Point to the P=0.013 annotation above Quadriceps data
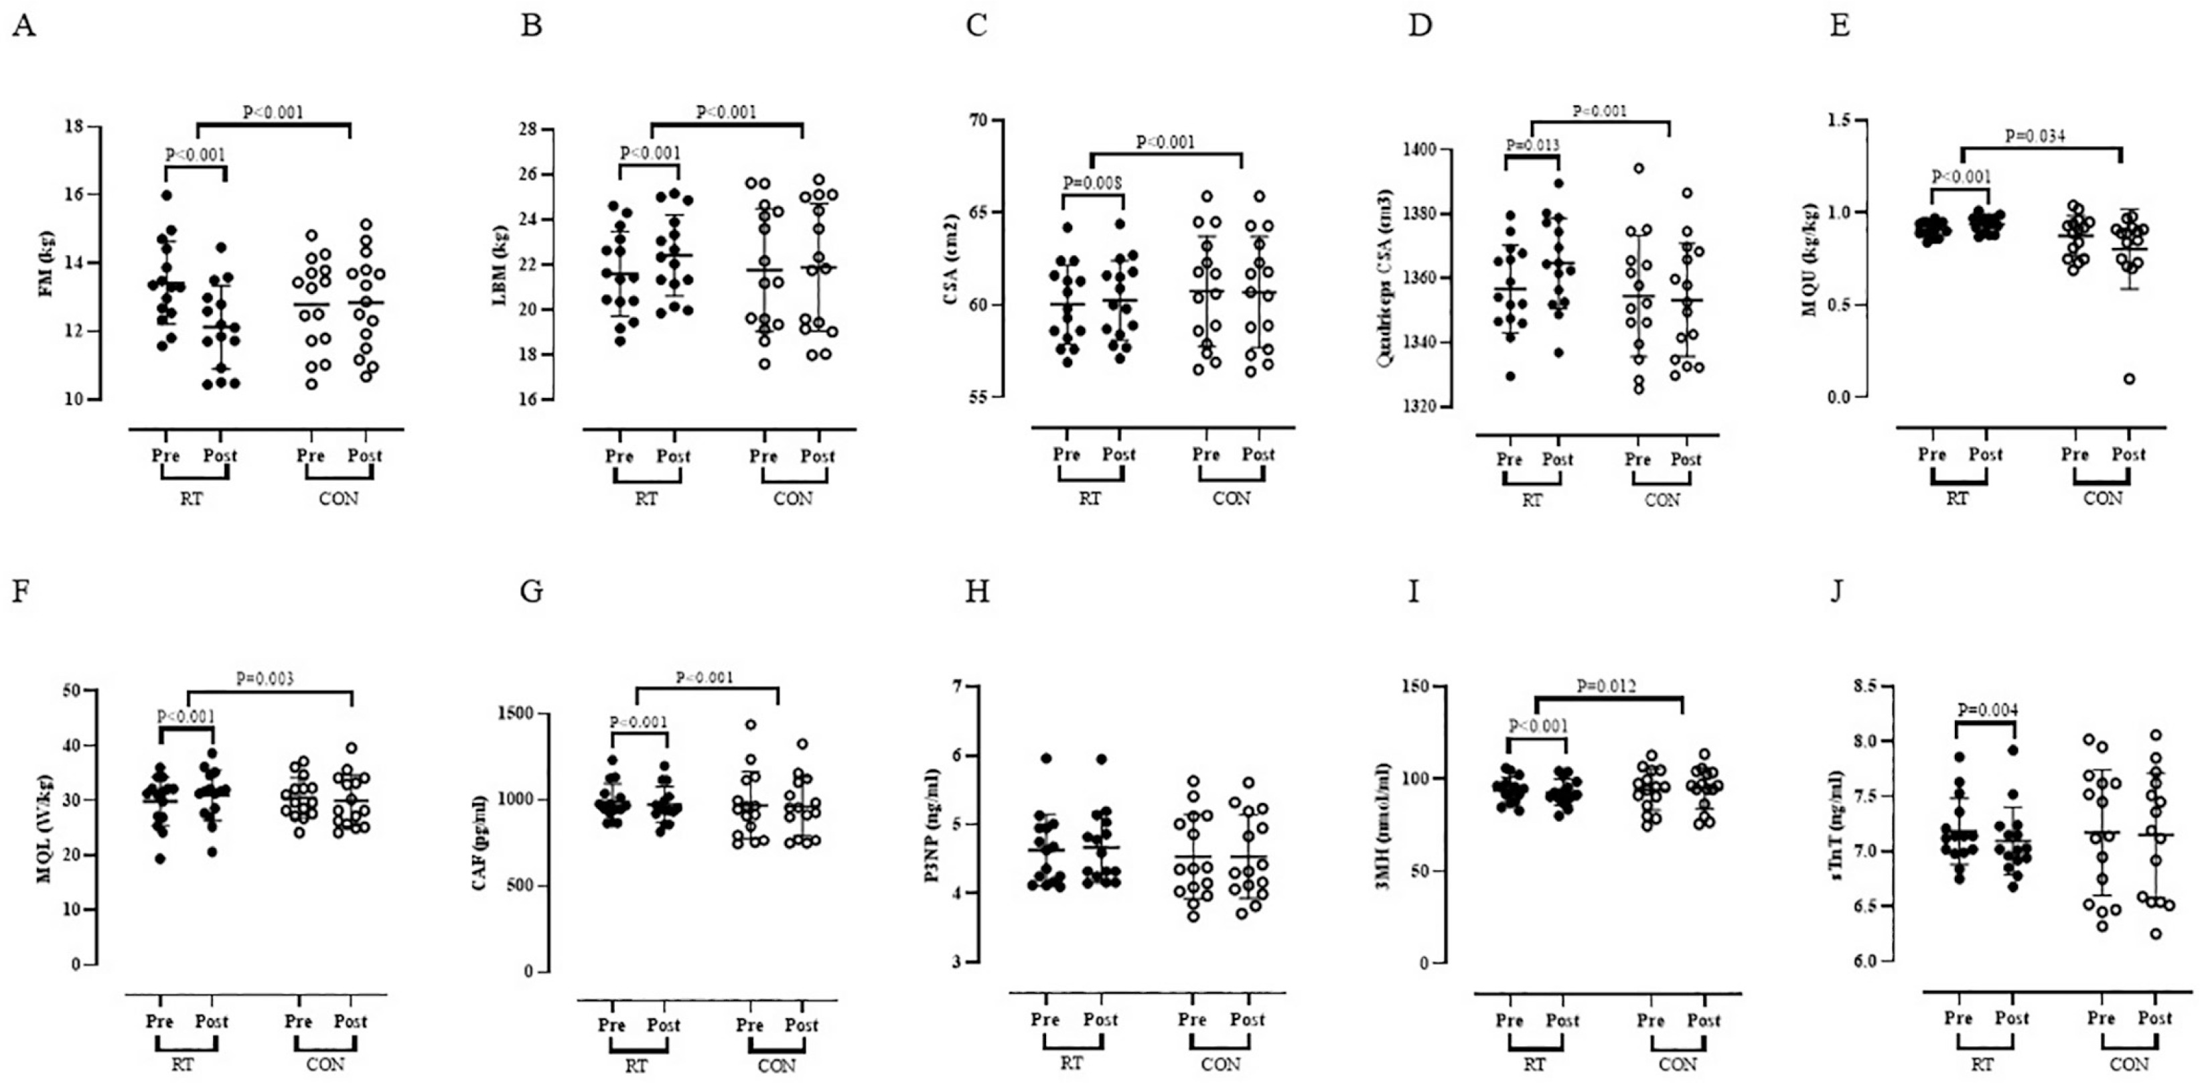click(x=1532, y=145)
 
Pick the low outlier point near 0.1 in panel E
click(x=2129, y=379)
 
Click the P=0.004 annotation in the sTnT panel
click(x=1987, y=710)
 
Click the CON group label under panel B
click(x=792, y=499)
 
